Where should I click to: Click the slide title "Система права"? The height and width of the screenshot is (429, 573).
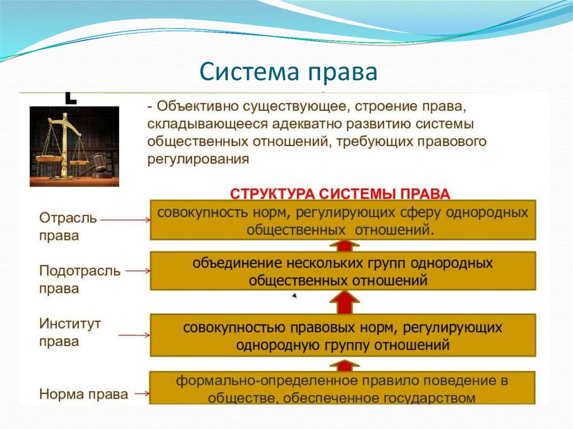(289, 73)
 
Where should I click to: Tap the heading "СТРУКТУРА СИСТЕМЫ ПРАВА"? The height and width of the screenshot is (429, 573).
(341, 193)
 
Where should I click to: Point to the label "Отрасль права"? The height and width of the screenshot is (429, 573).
(68, 227)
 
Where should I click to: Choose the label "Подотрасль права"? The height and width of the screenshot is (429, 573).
(79, 280)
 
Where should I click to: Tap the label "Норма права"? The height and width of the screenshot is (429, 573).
(83, 394)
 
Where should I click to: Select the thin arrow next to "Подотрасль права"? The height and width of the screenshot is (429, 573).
(138, 271)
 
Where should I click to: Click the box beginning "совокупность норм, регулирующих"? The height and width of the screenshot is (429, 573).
(342, 220)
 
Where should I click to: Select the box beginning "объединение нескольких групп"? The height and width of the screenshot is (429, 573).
(342, 271)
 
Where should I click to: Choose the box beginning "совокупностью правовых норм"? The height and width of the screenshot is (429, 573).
(342, 336)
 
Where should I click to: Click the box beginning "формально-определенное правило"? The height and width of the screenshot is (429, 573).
(342, 389)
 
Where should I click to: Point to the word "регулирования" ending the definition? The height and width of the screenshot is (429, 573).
(198, 159)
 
